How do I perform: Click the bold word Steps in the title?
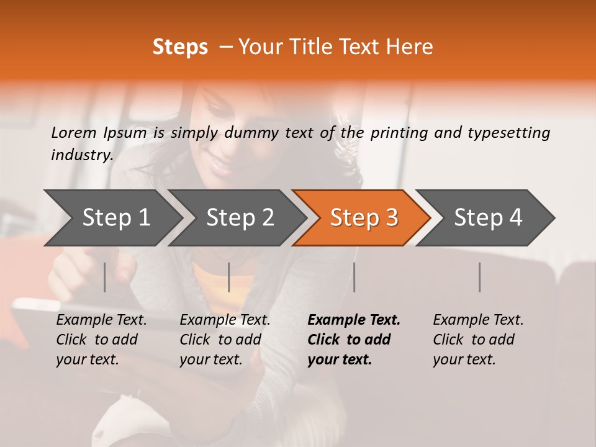click(x=180, y=47)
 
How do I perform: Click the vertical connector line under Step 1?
click(x=104, y=277)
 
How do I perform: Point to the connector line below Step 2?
click(x=229, y=277)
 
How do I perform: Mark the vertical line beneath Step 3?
click(x=354, y=277)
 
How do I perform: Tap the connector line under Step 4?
click(x=479, y=277)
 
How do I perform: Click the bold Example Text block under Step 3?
click(x=353, y=340)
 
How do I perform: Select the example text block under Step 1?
click(x=101, y=340)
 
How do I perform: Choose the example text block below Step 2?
click(x=224, y=340)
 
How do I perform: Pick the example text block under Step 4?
click(x=477, y=340)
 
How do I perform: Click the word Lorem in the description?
click(x=74, y=132)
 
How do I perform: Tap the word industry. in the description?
click(x=82, y=155)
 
